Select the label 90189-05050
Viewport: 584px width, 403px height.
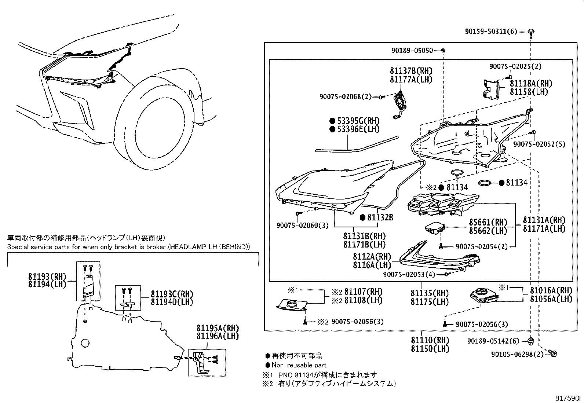(x=411, y=50)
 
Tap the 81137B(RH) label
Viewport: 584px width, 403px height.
(x=411, y=71)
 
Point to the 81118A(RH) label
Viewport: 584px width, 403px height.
(x=530, y=84)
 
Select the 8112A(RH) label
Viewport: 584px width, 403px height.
(x=372, y=257)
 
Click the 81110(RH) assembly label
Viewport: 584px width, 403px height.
(x=430, y=340)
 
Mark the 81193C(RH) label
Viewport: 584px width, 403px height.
(x=172, y=294)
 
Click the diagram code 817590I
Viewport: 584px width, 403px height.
(x=568, y=397)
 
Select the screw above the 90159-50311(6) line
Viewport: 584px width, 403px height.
(x=531, y=32)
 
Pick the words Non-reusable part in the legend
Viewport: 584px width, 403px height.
(x=299, y=365)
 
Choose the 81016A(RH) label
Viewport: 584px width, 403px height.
(x=551, y=290)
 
